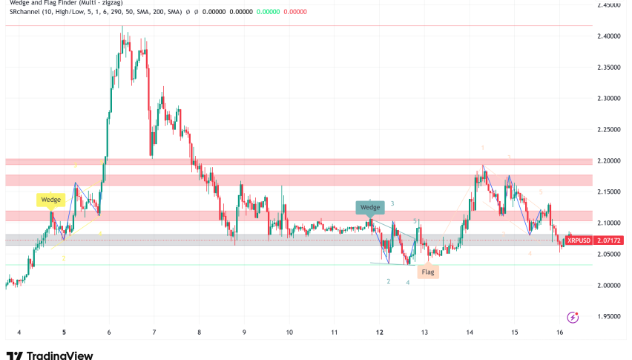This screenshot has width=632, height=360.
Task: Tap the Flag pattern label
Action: [428, 272]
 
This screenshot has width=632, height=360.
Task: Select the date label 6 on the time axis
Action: [109, 333]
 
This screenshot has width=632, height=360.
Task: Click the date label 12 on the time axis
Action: [379, 333]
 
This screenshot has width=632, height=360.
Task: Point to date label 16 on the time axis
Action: [559, 333]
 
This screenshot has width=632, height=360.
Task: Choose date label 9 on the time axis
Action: [244, 333]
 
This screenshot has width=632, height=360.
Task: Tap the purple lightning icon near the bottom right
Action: [573, 317]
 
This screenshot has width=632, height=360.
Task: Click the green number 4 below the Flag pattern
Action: [408, 283]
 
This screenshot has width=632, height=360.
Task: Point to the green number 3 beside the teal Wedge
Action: [392, 203]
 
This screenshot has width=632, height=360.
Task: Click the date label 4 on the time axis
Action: [19, 333]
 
